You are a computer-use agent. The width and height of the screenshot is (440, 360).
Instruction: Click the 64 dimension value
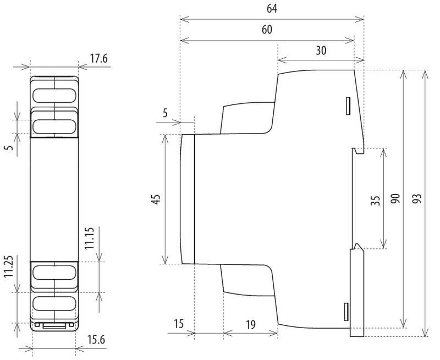(272, 8)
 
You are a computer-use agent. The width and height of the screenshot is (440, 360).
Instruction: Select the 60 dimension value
(267, 30)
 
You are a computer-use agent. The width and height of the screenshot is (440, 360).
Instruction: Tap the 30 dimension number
(321, 51)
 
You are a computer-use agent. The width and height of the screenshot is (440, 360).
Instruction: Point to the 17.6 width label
(99, 59)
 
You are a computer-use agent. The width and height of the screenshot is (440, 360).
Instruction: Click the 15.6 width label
(96, 340)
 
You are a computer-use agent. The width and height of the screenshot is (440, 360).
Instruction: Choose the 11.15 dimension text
(90, 238)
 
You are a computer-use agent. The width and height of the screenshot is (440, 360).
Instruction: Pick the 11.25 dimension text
(9, 267)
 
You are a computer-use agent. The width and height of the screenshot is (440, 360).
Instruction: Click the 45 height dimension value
(157, 199)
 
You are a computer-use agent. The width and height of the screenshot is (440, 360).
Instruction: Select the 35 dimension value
(376, 201)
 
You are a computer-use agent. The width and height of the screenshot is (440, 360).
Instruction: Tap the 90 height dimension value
(395, 199)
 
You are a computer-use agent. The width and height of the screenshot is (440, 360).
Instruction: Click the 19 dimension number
(251, 325)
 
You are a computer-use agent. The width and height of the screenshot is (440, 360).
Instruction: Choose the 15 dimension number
(178, 324)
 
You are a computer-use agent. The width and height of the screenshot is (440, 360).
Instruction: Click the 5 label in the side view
(165, 113)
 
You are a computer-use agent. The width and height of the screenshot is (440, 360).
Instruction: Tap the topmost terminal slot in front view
(54, 96)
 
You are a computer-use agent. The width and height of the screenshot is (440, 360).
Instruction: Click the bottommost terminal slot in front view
(54, 303)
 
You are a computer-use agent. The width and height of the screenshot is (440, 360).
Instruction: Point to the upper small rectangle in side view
(348, 106)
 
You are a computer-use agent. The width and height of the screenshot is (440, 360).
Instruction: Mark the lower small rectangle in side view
(346, 312)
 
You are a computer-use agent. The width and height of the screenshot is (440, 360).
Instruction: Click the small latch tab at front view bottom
(54, 325)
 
